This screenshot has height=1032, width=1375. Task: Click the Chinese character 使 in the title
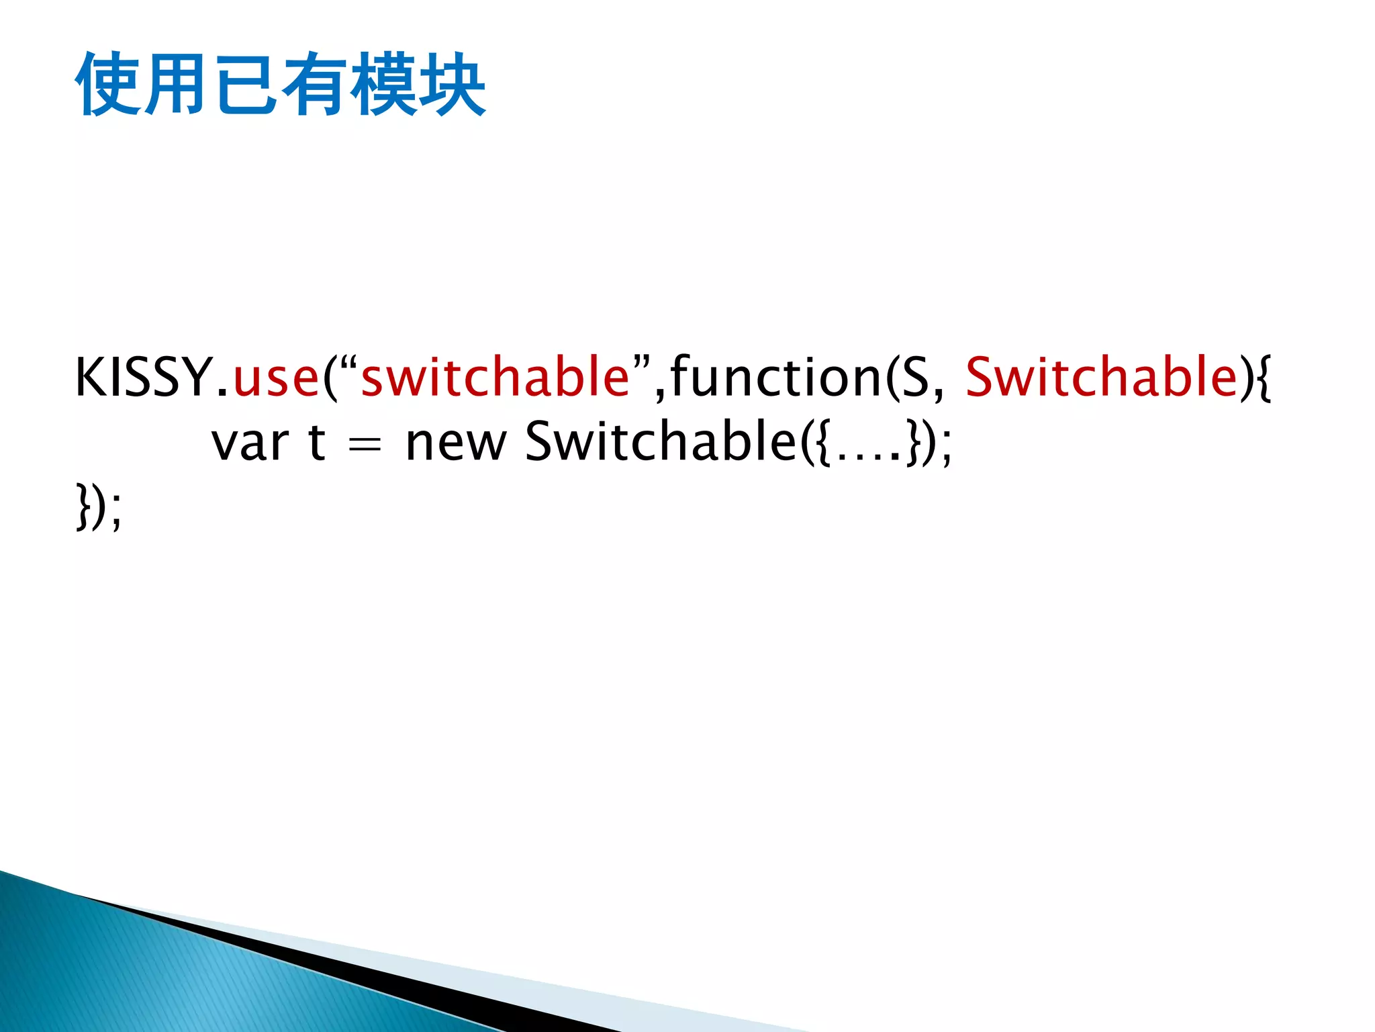tap(107, 85)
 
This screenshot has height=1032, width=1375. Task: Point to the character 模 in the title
tap(383, 85)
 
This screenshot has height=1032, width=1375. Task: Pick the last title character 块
tap(451, 85)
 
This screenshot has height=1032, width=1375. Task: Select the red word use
tap(275, 378)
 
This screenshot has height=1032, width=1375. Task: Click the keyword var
tap(250, 443)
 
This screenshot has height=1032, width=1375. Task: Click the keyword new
tap(455, 443)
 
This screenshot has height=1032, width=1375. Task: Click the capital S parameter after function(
tap(914, 378)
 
